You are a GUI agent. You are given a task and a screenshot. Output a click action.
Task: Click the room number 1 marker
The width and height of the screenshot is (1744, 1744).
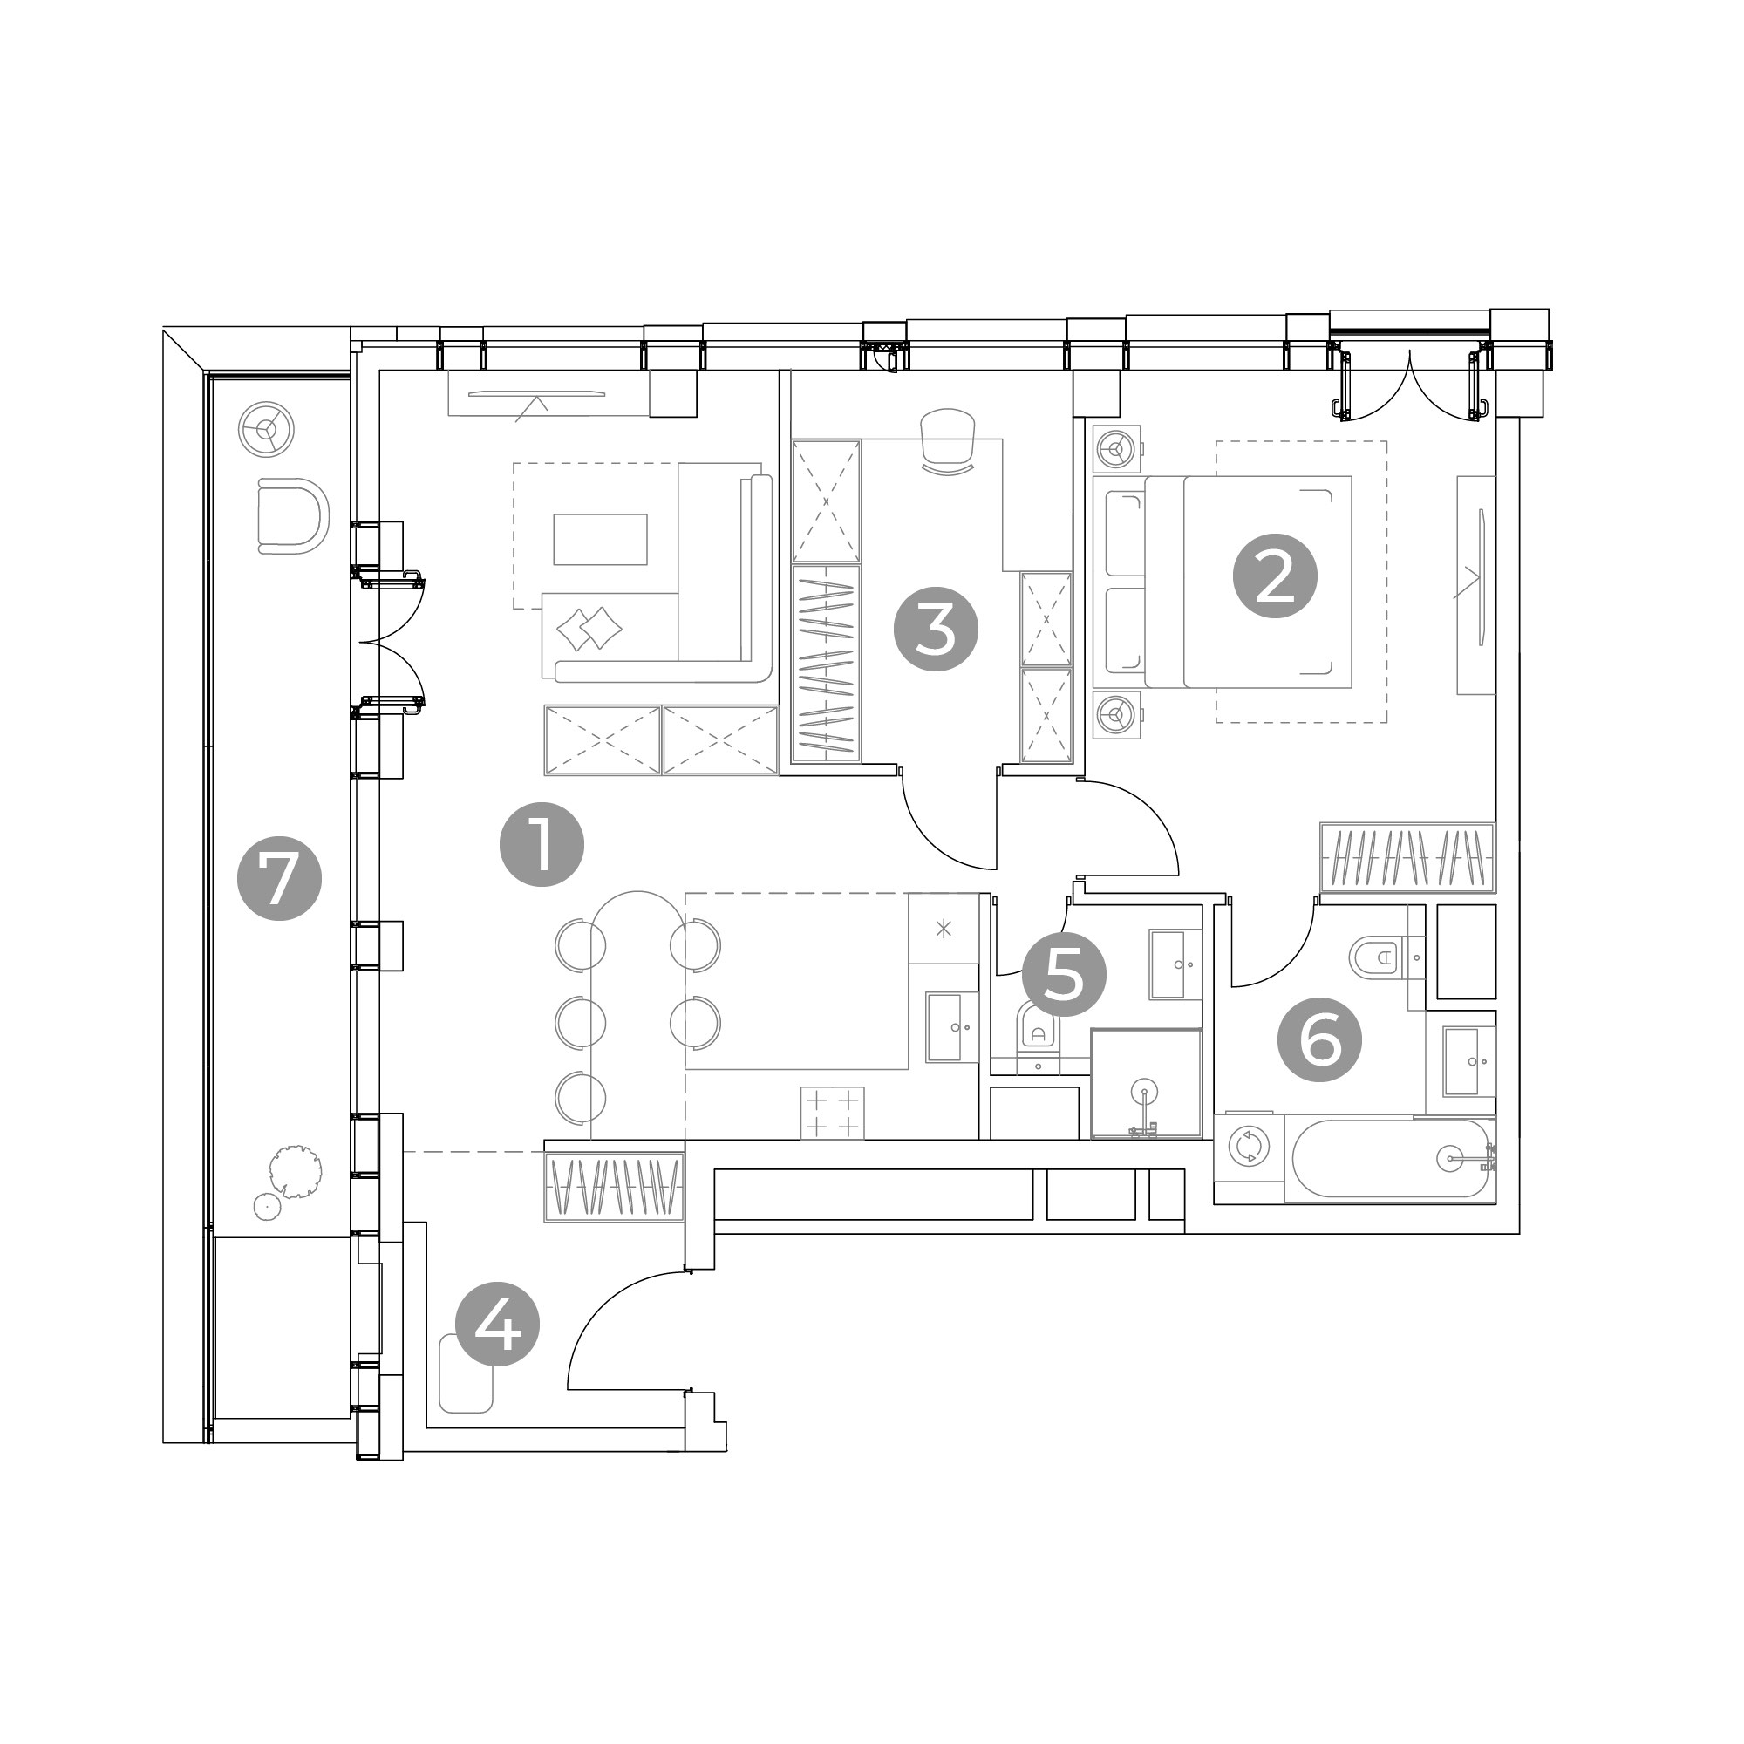tap(542, 845)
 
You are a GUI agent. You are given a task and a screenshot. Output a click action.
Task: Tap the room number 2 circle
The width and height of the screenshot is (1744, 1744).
tap(1275, 576)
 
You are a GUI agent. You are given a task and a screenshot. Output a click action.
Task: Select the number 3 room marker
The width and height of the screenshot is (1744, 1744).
tap(935, 630)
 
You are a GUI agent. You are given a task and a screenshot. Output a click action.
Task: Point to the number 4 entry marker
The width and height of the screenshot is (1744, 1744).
tap(497, 1325)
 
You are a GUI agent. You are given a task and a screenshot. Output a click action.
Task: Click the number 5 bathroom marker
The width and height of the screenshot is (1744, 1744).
tap(1063, 975)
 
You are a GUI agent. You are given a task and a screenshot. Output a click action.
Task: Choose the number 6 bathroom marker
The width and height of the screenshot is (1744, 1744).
tap(1319, 1041)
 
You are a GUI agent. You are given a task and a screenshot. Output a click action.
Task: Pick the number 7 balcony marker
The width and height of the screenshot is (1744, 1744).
tap(279, 878)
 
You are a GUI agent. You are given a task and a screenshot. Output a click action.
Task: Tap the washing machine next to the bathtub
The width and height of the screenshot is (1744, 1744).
tap(1250, 1147)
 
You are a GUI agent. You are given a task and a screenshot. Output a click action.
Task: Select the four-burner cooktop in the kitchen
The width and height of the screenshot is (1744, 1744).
tap(832, 1113)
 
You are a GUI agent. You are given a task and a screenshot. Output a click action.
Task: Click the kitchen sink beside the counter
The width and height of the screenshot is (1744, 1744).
tap(951, 1026)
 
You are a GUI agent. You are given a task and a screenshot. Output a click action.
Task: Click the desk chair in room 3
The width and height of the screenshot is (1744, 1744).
tap(948, 440)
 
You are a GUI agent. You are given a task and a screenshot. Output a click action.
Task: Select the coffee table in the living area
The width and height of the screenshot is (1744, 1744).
tap(600, 539)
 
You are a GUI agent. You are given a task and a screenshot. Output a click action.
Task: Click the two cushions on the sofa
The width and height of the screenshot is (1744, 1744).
tap(589, 628)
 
